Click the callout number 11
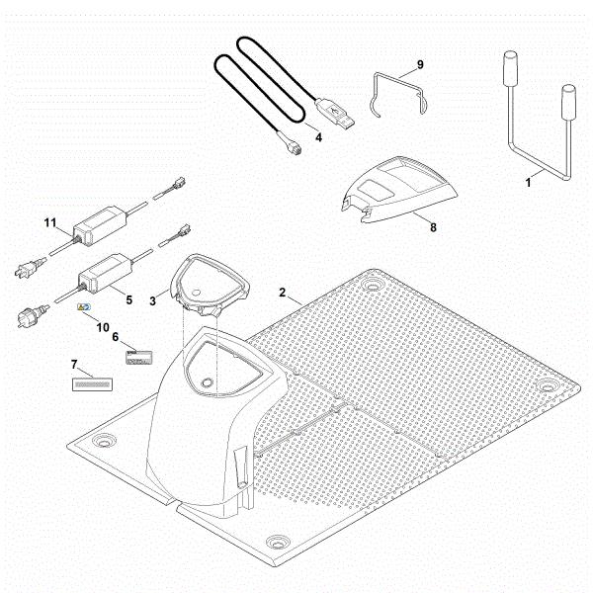point(50,222)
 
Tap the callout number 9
point(420,64)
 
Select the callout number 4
point(319,137)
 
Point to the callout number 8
point(433,227)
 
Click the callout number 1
point(529,183)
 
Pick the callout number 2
point(283,293)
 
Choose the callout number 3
point(152,301)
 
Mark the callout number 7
point(74,365)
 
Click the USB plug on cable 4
point(335,113)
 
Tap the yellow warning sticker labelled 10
point(84,307)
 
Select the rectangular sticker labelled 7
point(92,384)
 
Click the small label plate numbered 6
point(138,358)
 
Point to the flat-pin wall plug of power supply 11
point(31,268)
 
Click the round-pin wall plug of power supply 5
point(34,315)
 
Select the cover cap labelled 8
point(401,189)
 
